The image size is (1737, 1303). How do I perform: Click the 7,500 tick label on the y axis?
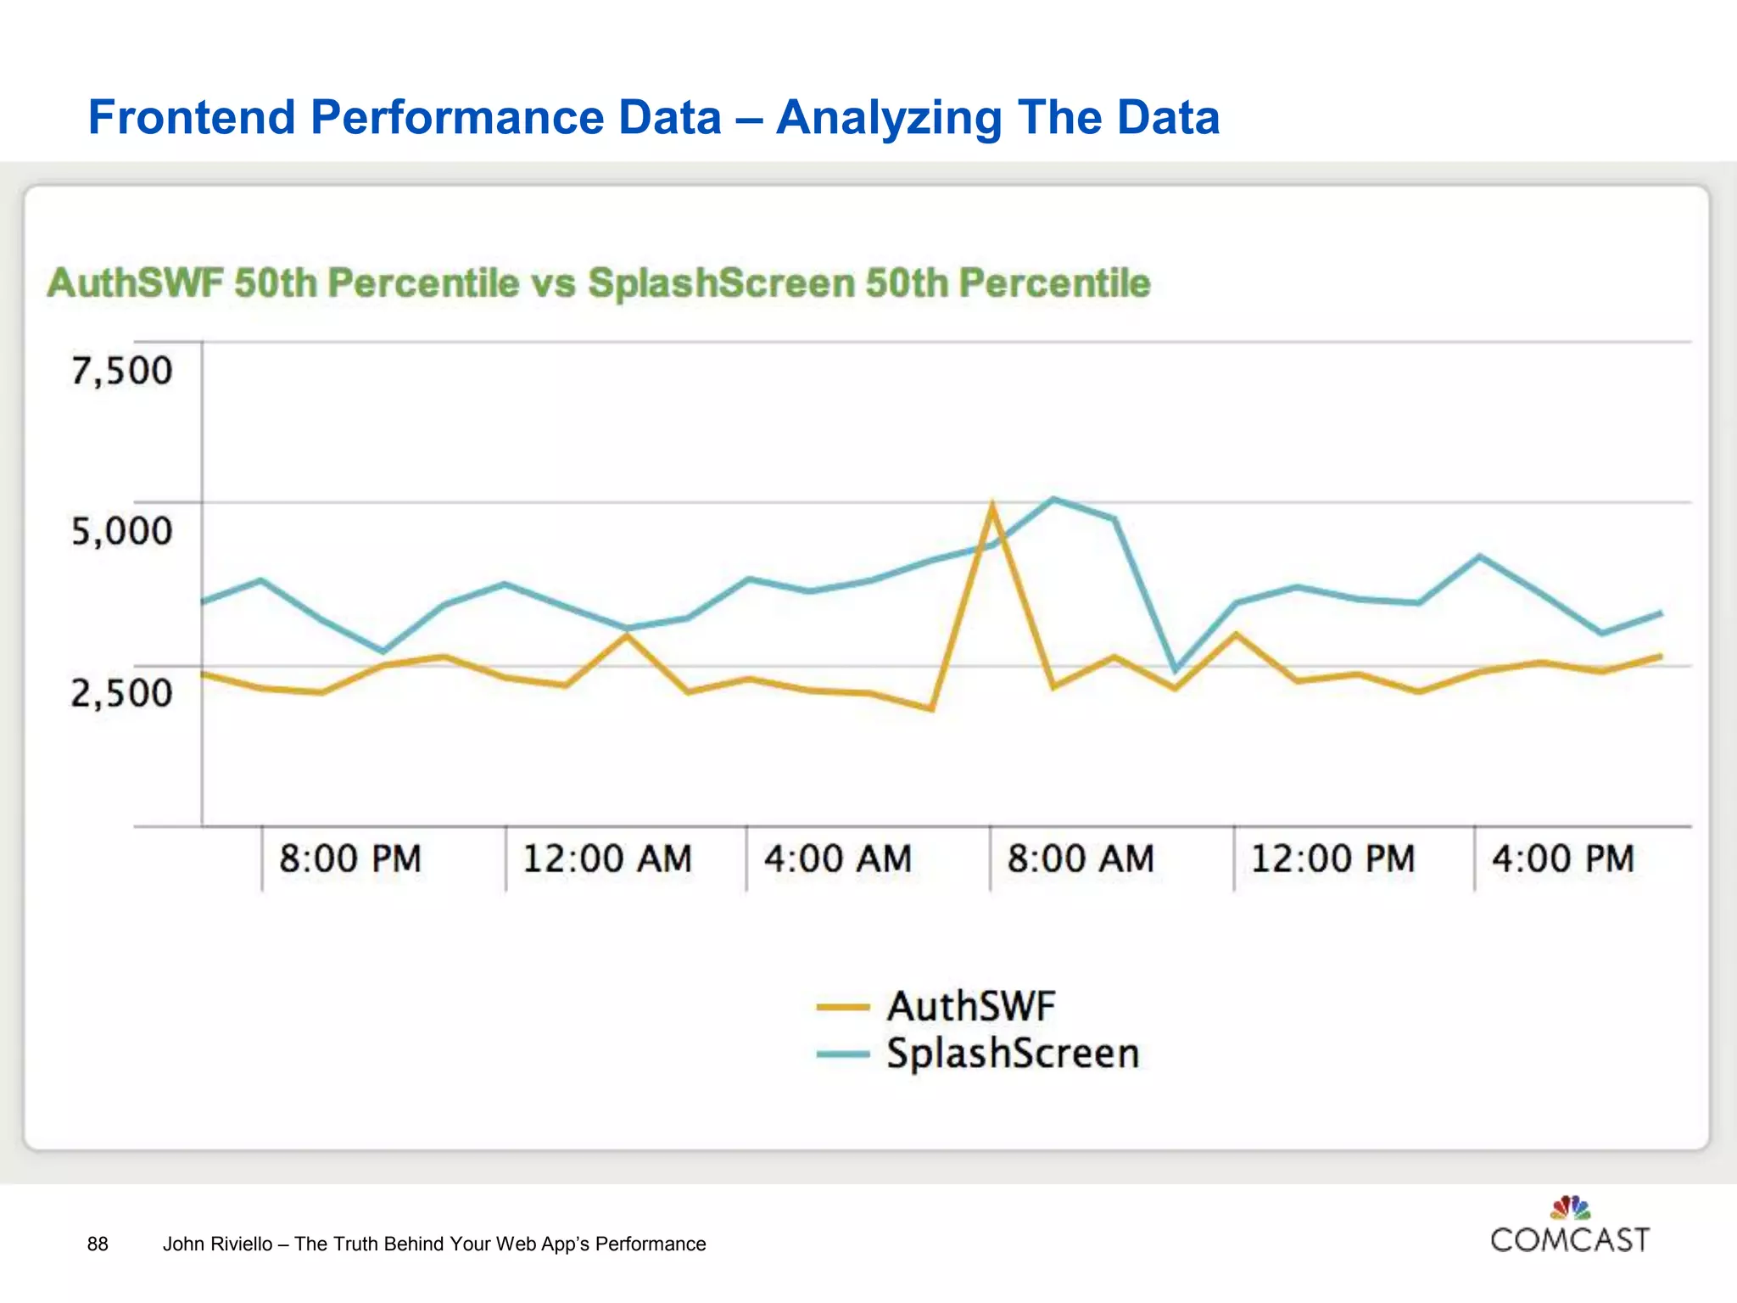(x=121, y=372)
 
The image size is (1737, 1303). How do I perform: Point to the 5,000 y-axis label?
(x=121, y=532)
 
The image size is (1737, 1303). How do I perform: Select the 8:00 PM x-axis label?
(x=350, y=858)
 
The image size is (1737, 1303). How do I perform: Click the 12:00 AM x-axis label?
(x=607, y=858)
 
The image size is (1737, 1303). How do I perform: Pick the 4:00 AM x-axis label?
(x=838, y=858)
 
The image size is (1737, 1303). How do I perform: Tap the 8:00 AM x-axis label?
(x=1081, y=858)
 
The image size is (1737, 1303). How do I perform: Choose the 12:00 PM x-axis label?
(x=1332, y=858)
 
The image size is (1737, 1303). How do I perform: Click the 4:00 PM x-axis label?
(x=1563, y=858)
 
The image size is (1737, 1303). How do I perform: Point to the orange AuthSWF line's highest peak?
(x=991, y=506)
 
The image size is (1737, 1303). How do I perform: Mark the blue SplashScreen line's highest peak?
(x=1053, y=499)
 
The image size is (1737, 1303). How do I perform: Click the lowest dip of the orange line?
(x=931, y=708)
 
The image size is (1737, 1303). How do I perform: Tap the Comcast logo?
(x=1570, y=1227)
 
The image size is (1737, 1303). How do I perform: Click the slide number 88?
(x=98, y=1244)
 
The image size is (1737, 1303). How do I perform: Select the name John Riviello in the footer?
(x=217, y=1244)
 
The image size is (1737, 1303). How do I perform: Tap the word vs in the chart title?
(x=553, y=283)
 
